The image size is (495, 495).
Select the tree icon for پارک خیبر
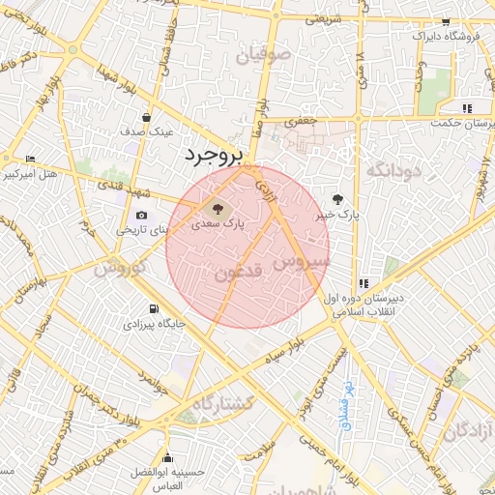coord(336,198)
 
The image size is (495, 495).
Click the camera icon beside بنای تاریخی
coord(142,215)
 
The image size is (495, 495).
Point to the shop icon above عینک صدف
coord(145,117)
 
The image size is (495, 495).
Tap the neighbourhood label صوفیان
coord(268,53)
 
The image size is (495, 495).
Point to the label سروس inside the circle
coord(301,261)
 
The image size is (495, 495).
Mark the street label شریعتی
coord(324,17)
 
